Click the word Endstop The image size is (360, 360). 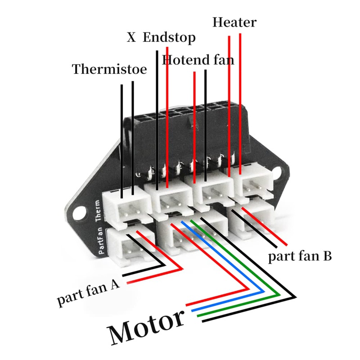[x=169, y=38]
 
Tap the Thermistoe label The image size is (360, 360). [x=109, y=70]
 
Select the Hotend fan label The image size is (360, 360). [x=198, y=60]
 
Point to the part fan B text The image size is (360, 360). [x=300, y=257]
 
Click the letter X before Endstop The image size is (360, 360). [x=131, y=38]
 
